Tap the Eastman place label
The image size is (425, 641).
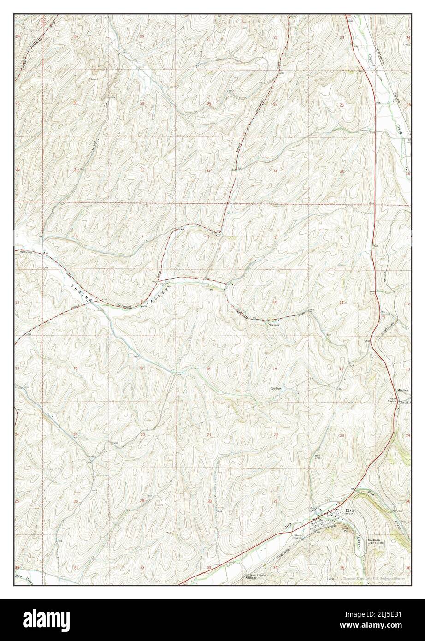point(373,539)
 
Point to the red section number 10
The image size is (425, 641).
point(275,302)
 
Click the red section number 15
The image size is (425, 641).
point(275,368)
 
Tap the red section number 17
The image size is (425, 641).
point(142,368)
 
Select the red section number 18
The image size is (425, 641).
point(75,368)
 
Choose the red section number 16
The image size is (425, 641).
point(208,369)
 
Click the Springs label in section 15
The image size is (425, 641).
point(276,389)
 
